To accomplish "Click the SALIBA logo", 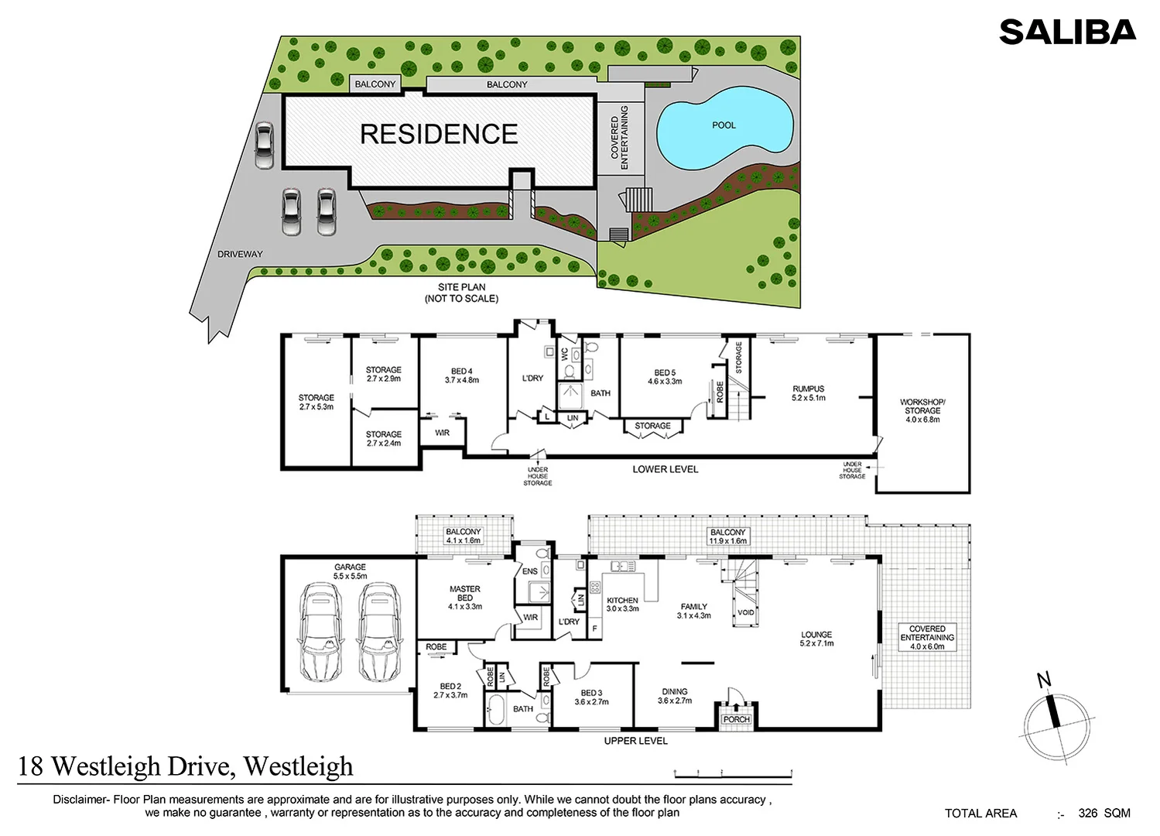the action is [x=1067, y=32].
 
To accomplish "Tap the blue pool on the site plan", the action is [x=724, y=128].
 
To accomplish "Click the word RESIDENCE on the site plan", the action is [x=439, y=134].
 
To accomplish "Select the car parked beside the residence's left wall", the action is [x=264, y=145].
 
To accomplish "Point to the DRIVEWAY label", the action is [x=240, y=255].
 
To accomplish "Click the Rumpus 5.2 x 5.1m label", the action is [x=808, y=393].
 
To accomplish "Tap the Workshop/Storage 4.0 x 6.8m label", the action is [x=922, y=411].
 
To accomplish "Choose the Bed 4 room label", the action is [x=461, y=375].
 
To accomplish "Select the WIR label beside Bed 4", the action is [x=442, y=433].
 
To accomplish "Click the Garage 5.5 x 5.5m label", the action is [x=350, y=571].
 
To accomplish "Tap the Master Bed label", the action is [x=464, y=598].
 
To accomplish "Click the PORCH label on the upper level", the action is [x=737, y=719].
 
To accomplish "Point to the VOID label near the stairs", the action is [x=745, y=612].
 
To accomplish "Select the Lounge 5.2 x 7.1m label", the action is [x=816, y=639].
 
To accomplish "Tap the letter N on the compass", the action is [x=1044, y=680].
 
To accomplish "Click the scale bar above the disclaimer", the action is [x=734, y=774].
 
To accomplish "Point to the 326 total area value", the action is [x=1087, y=814].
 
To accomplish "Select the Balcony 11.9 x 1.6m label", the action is [x=727, y=536].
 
